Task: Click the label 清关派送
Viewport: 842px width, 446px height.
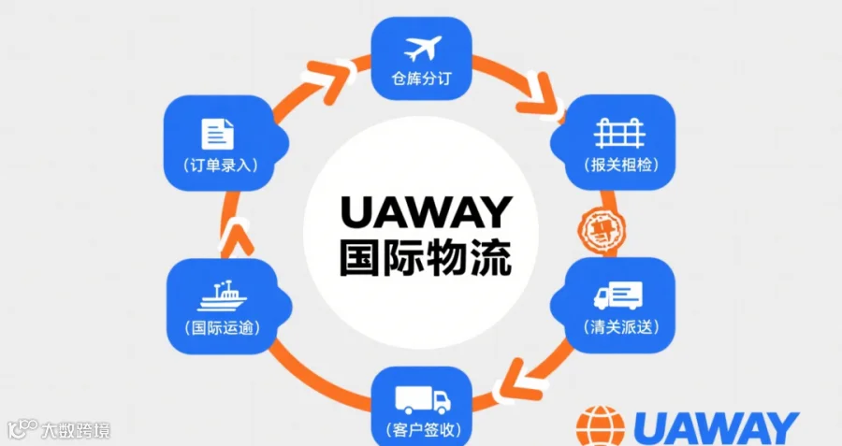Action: [x=618, y=328]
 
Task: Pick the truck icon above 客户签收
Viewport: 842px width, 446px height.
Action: [x=423, y=400]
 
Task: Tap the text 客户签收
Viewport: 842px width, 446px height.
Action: [x=423, y=431]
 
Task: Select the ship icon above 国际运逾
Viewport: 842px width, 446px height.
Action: [x=223, y=297]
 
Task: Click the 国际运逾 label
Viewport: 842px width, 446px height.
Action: [x=223, y=328]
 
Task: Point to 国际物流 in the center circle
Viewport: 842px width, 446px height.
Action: [x=427, y=256]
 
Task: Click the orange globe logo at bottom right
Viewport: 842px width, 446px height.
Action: [x=598, y=426]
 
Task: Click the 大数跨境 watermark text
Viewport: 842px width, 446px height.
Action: [x=75, y=431]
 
